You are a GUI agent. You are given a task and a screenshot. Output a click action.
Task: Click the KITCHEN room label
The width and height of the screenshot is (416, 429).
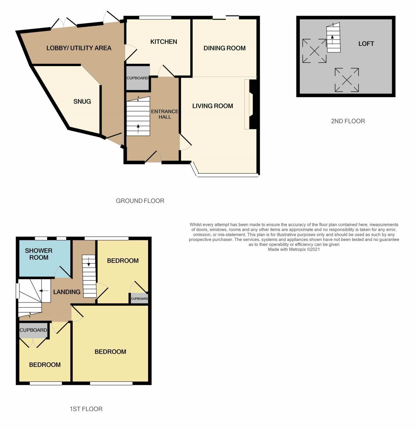164,42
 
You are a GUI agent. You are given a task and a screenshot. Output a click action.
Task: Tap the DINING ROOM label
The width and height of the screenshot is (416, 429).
224,48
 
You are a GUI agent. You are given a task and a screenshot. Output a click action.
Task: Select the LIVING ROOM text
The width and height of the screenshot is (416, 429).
213,106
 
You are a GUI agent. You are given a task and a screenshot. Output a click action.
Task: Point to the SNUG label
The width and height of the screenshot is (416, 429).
82,102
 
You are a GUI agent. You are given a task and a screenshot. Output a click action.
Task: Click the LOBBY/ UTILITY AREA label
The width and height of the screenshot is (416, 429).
79,48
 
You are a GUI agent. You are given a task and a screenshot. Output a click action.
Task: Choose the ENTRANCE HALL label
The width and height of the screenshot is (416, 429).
165,114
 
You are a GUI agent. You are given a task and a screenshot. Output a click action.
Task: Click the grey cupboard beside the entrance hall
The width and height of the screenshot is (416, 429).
138,78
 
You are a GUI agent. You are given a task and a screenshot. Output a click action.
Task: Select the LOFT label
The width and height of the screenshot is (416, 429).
366,44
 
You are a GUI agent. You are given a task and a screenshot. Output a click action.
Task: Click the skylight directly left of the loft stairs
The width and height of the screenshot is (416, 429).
314,51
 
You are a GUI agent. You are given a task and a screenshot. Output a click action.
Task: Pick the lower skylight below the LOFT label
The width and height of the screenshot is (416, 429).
347,80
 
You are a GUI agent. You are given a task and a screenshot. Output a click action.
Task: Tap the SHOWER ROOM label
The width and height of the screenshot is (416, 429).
39,254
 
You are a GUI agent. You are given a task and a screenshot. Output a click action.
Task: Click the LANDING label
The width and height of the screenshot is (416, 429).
67,292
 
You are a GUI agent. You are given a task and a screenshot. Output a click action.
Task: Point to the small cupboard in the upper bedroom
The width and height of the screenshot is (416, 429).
139,299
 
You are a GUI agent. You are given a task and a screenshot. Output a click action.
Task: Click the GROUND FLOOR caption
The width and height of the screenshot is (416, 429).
140,201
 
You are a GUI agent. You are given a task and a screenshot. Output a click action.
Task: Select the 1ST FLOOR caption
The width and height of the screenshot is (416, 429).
86,409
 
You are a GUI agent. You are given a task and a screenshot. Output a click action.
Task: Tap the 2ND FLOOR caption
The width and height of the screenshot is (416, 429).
348,121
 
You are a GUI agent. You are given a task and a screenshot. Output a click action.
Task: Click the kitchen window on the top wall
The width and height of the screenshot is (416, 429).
155,18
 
